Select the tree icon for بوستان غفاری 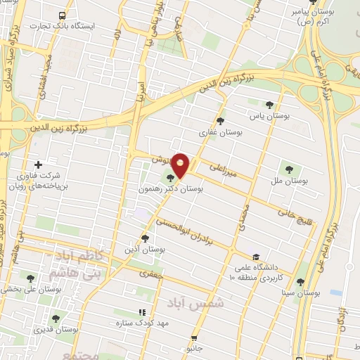point(221,120)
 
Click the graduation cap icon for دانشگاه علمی point(255,257)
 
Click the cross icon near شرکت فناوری point(48,165)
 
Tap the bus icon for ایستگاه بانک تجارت point(64,15)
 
